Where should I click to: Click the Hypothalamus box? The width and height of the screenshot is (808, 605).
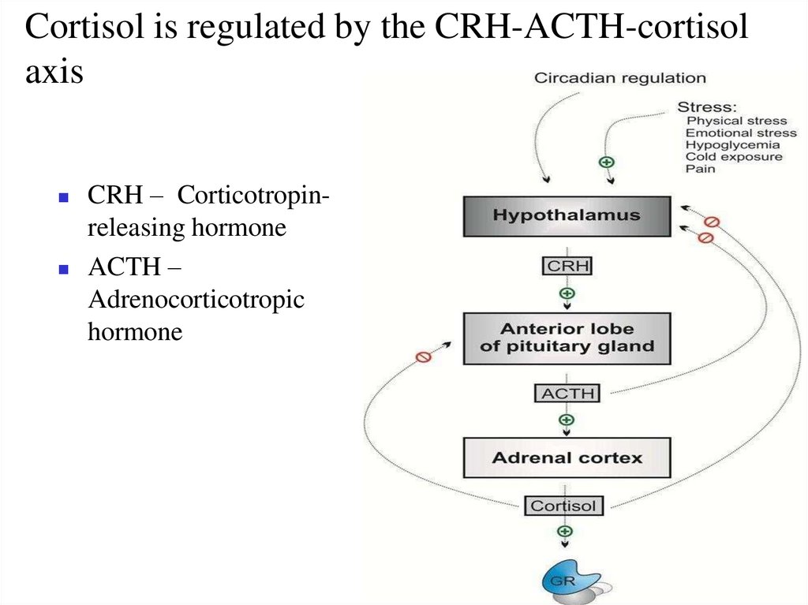pos(567,215)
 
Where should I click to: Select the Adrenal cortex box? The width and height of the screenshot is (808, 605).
pos(567,457)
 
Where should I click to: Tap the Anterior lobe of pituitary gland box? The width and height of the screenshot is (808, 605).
pos(567,338)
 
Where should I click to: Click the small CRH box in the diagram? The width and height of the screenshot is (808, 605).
pos(567,266)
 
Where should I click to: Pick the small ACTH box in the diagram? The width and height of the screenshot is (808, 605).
pos(567,393)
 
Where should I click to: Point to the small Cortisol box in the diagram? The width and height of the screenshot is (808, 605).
pos(564,506)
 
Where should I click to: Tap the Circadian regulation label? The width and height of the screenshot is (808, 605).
pos(620,78)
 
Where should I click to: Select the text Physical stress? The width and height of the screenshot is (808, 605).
pos(736,121)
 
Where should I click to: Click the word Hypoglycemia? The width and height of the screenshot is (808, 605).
pos(732,145)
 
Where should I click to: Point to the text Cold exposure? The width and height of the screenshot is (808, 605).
pos(734,157)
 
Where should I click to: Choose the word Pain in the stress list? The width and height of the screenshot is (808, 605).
pos(700,169)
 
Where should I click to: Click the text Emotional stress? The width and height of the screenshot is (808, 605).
pos(741,133)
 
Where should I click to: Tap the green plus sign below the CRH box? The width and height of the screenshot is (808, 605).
pos(567,293)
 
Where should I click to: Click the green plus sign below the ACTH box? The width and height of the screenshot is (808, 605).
pos(566,420)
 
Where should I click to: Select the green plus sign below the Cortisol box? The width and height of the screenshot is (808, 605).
pos(565,532)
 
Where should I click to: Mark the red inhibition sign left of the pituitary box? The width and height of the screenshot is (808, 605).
pos(423,357)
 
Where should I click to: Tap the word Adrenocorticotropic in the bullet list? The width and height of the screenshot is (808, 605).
pos(196,301)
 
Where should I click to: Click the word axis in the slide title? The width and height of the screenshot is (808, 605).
pos(54,73)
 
